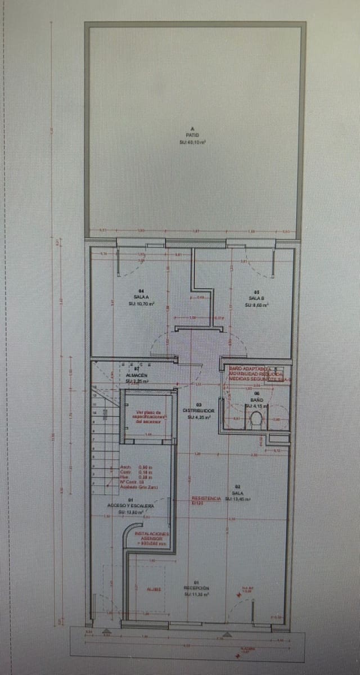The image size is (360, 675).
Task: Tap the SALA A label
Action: pos(141,297)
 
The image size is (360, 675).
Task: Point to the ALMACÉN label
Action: pos(136,374)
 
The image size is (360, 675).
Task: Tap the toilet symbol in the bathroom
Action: pos(256,418)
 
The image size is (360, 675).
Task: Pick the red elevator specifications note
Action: pos(148,416)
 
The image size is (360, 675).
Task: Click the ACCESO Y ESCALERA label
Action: pos(130,506)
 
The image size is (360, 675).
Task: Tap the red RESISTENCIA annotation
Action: pos(202,499)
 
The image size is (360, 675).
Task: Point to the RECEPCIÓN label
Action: pos(197,588)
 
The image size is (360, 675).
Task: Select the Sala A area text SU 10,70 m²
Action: pos(141,304)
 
